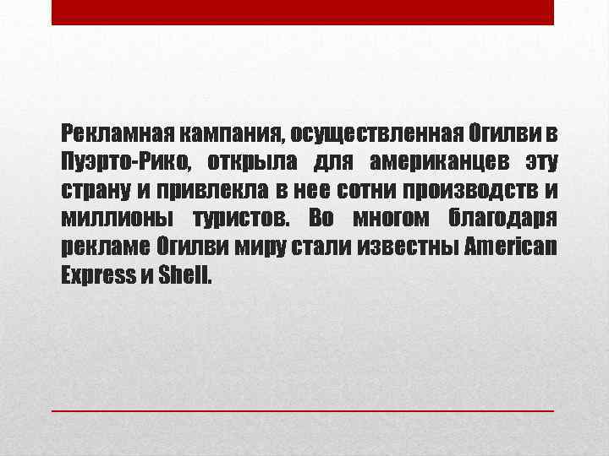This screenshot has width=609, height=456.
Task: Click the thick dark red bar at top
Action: [303, 12]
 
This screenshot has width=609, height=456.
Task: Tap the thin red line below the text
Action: [303, 410]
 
